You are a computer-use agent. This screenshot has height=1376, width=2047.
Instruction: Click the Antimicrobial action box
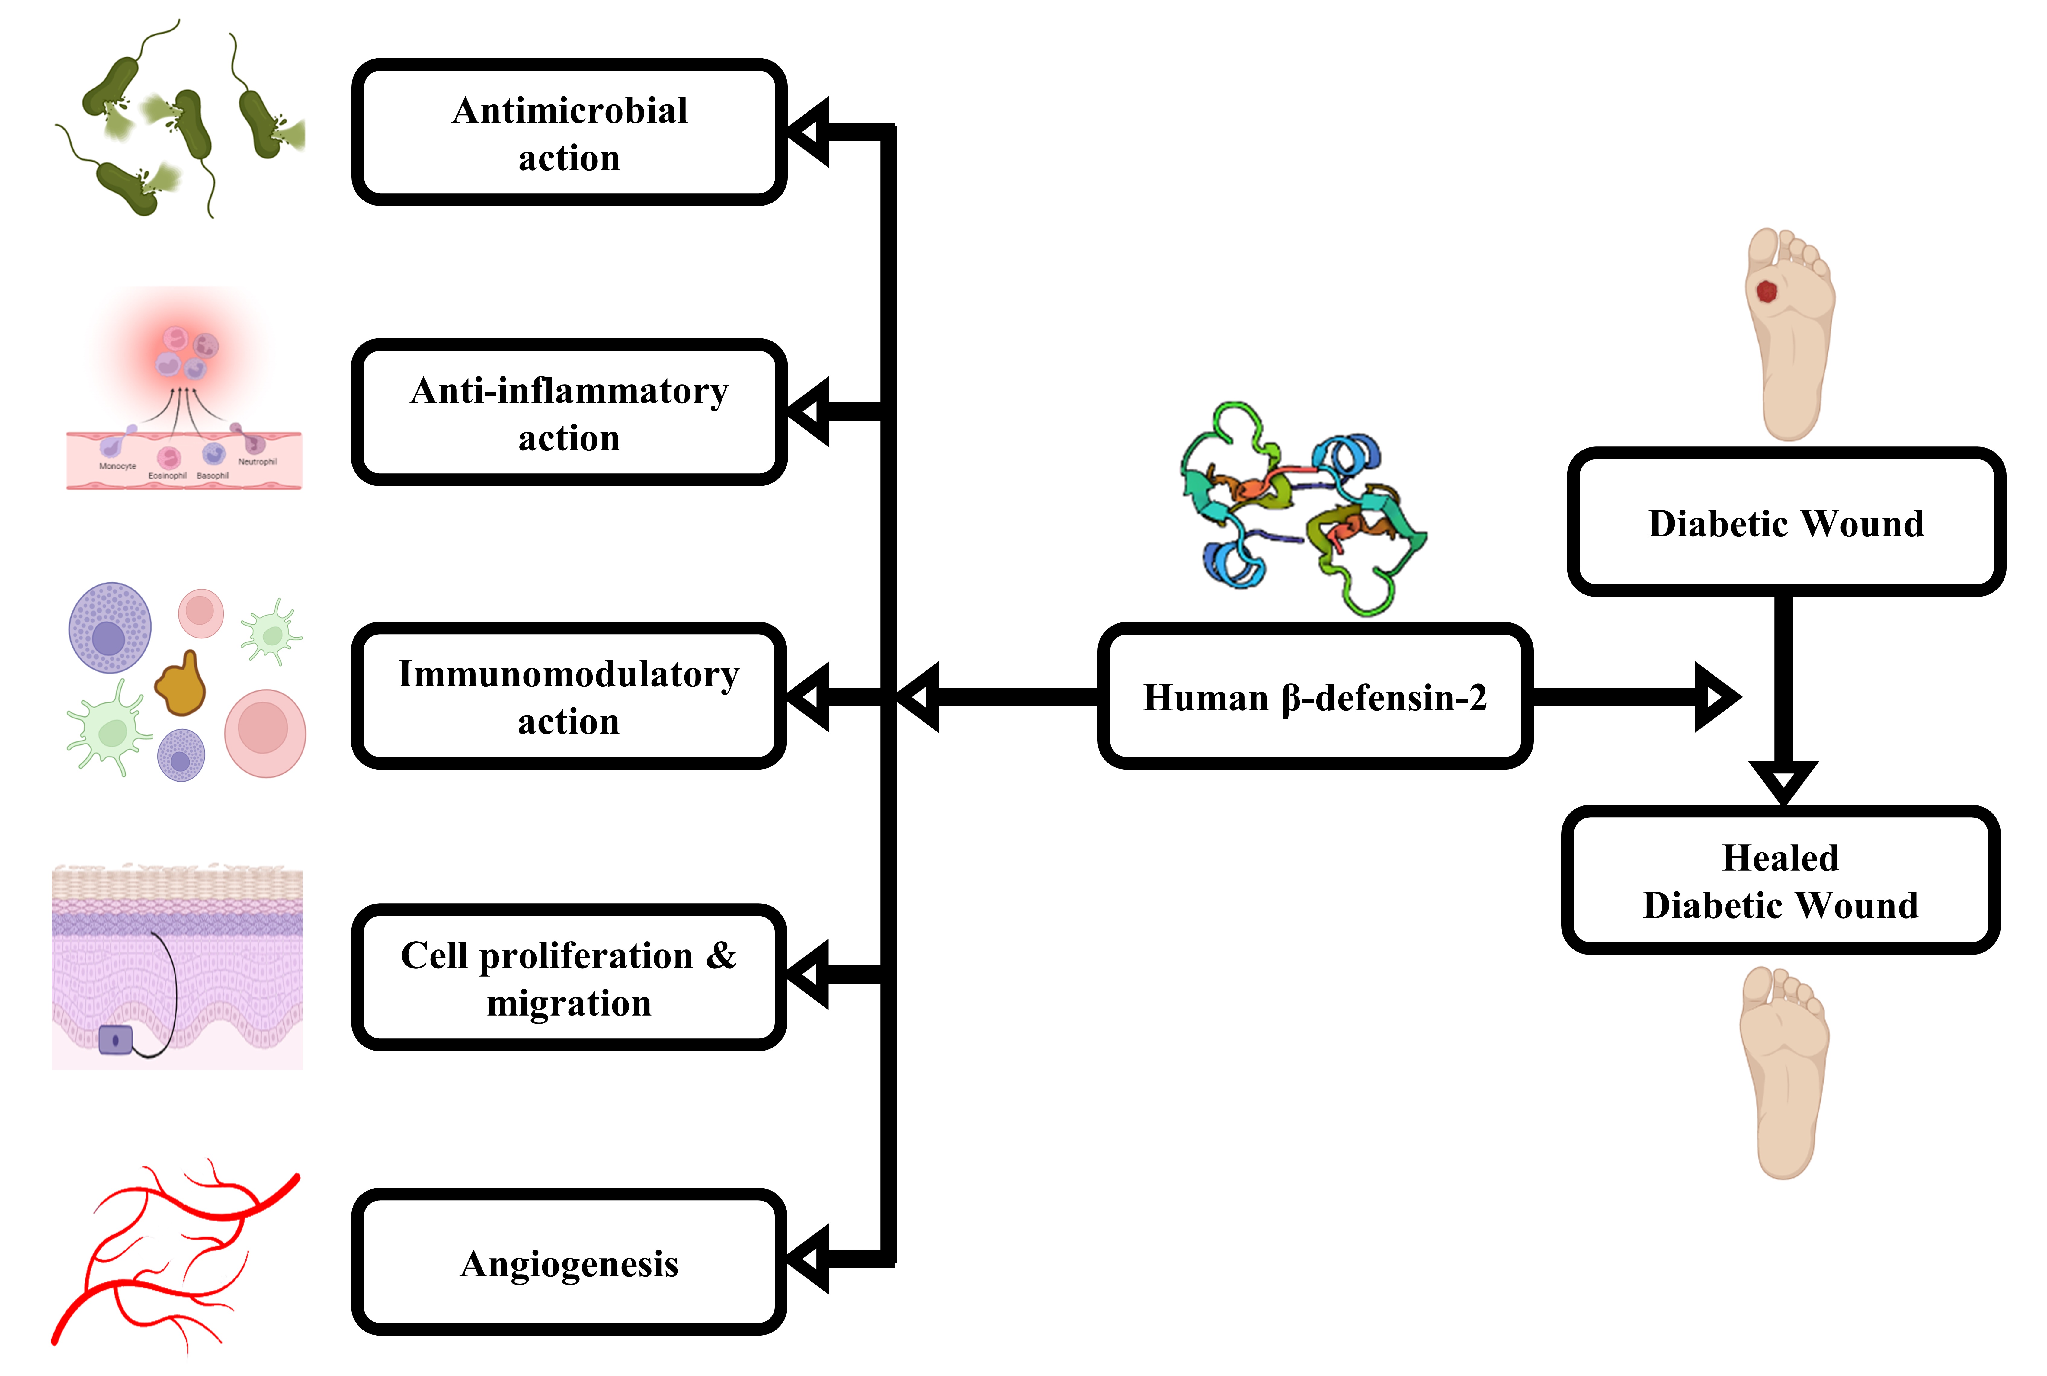point(569,133)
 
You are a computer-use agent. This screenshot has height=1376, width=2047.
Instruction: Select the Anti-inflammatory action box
point(569,412)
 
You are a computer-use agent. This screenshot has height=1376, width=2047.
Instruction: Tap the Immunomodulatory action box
point(569,697)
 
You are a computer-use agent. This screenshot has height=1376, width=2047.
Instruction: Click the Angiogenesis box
point(569,1262)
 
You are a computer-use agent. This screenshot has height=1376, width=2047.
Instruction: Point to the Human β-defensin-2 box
point(1314,697)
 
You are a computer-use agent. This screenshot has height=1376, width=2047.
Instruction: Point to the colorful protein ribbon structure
point(1303,509)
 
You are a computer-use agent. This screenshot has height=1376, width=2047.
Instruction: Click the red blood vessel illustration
point(175,1255)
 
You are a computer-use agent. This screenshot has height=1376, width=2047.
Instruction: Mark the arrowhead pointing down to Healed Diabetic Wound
point(1783,779)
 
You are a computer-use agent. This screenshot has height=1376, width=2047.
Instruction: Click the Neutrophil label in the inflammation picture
point(257,462)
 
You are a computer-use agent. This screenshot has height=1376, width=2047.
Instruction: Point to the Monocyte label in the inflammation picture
point(117,466)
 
